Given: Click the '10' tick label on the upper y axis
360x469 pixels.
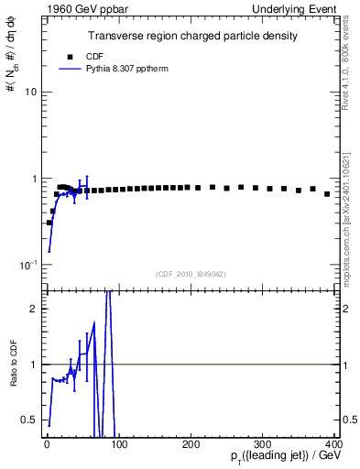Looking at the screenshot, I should pyautogui.click(x=30, y=93).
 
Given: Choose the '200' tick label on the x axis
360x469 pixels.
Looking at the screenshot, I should pyautogui.click(x=191, y=444).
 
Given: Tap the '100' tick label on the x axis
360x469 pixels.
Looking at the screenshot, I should pyautogui.click(x=118, y=444).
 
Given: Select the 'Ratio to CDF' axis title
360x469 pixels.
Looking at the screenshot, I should pyautogui.click(x=12, y=377).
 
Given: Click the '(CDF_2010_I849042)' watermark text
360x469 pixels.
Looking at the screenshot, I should pyautogui.click(x=191, y=274).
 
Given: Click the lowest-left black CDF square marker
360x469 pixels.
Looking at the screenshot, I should pyautogui.click(x=49, y=223).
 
